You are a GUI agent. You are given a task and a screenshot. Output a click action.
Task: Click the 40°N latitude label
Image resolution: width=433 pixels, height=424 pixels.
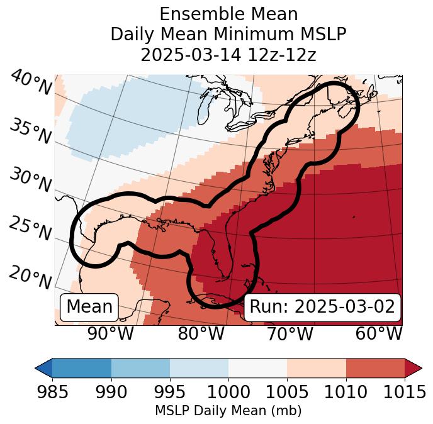(x=31, y=83)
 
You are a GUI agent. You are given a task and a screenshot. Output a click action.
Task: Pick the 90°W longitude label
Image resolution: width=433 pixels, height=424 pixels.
(x=111, y=333)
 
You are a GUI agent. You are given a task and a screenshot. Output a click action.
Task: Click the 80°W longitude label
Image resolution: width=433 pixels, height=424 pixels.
(x=201, y=333)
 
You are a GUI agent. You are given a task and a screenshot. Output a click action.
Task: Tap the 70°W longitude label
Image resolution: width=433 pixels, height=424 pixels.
(x=290, y=333)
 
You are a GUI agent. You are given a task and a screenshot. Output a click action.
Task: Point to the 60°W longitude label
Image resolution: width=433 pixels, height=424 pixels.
(x=378, y=333)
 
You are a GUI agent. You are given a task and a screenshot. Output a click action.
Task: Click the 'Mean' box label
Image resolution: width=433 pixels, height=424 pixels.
(x=89, y=307)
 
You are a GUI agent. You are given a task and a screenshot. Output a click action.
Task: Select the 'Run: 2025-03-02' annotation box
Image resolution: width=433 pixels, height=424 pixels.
(x=322, y=307)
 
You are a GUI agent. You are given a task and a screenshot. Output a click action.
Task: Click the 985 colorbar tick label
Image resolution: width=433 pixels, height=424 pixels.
(x=53, y=392)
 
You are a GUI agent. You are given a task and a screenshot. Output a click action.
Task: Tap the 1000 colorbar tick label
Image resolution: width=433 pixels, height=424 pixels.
(x=228, y=392)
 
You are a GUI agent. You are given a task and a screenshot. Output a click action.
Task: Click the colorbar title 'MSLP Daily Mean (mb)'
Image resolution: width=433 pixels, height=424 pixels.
(x=228, y=411)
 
